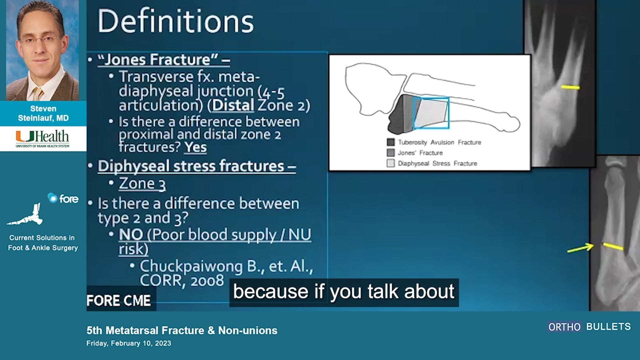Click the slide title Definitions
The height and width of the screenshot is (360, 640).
[175, 21]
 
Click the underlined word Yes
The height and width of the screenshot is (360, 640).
[196, 147]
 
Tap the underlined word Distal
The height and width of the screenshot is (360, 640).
[233, 105]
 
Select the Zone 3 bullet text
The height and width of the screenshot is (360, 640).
[142, 184]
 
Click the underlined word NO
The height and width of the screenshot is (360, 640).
[131, 235]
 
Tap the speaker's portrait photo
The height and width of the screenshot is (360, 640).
[43, 50]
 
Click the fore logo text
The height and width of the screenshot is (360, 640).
[68, 199]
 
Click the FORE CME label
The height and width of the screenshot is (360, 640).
[118, 300]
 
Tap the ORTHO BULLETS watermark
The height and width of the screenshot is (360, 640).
[589, 327]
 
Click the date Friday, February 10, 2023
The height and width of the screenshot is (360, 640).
[129, 343]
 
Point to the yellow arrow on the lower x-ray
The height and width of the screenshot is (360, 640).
[580, 248]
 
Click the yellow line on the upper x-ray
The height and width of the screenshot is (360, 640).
[570, 87]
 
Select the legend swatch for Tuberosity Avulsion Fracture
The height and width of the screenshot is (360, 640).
[391, 142]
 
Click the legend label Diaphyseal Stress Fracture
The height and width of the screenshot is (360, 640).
[437, 163]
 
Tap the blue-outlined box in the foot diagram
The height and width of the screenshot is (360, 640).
[431, 113]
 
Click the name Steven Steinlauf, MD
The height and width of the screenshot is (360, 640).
[43, 113]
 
